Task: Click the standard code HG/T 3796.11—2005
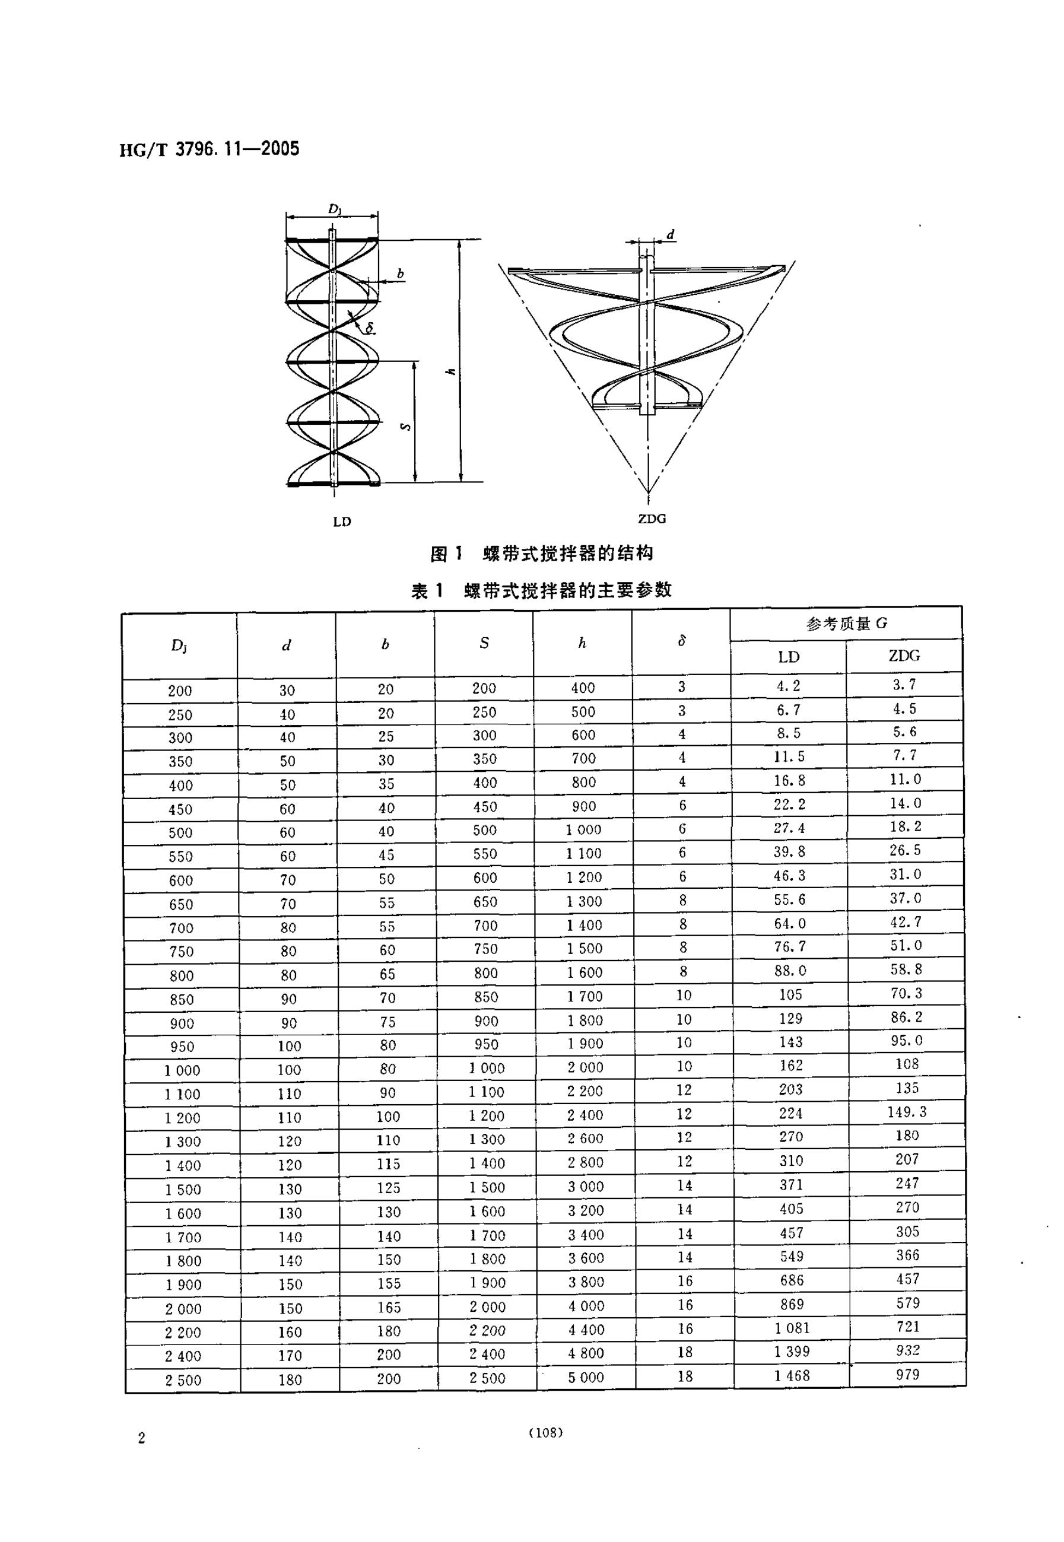coord(209,148)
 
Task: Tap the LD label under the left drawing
coord(342,522)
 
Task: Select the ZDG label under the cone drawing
coord(652,519)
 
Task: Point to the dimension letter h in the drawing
coord(452,371)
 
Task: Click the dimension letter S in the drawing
coord(405,427)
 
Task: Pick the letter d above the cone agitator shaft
coord(671,234)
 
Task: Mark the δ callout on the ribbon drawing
coord(369,328)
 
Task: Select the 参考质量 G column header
coord(846,624)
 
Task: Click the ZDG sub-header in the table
coord(904,656)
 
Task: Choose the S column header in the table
coord(484,643)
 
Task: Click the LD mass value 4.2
coord(788,686)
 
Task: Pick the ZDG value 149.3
coord(907,1112)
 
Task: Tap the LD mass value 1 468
coord(792,1375)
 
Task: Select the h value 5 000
coord(585,1378)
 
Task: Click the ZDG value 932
coord(907,1350)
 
